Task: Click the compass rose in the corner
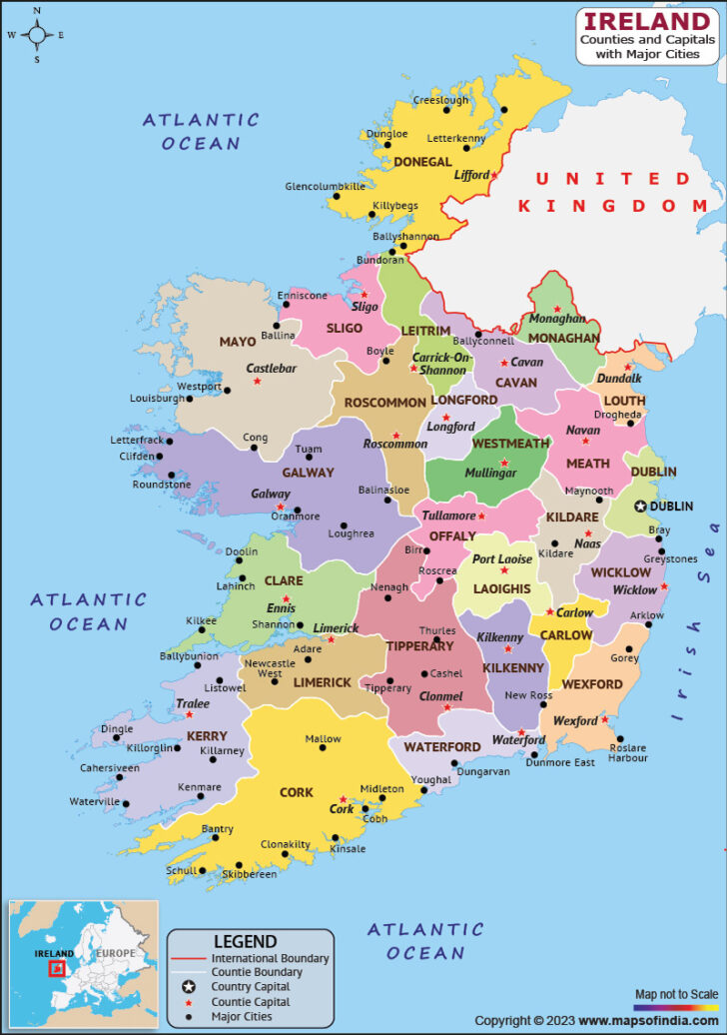click(37, 35)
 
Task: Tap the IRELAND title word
click(647, 21)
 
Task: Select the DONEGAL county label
click(422, 162)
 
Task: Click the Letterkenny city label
click(455, 138)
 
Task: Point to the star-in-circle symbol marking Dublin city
click(640, 507)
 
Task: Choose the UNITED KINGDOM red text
click(613, 192)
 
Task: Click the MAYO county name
click(238, 342)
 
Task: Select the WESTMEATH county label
click(510, 444)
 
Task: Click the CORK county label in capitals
click(297, 792)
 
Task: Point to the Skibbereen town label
click(249, 874)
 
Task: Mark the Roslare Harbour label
click(627, 752)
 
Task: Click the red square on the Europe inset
click(57, 968)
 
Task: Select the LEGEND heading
click(246, 941)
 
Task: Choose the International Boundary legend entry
click(270, 958)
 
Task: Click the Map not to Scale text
click(676, 994)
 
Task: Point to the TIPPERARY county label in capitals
click(420, 646)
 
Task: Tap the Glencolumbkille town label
click(325, 187)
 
